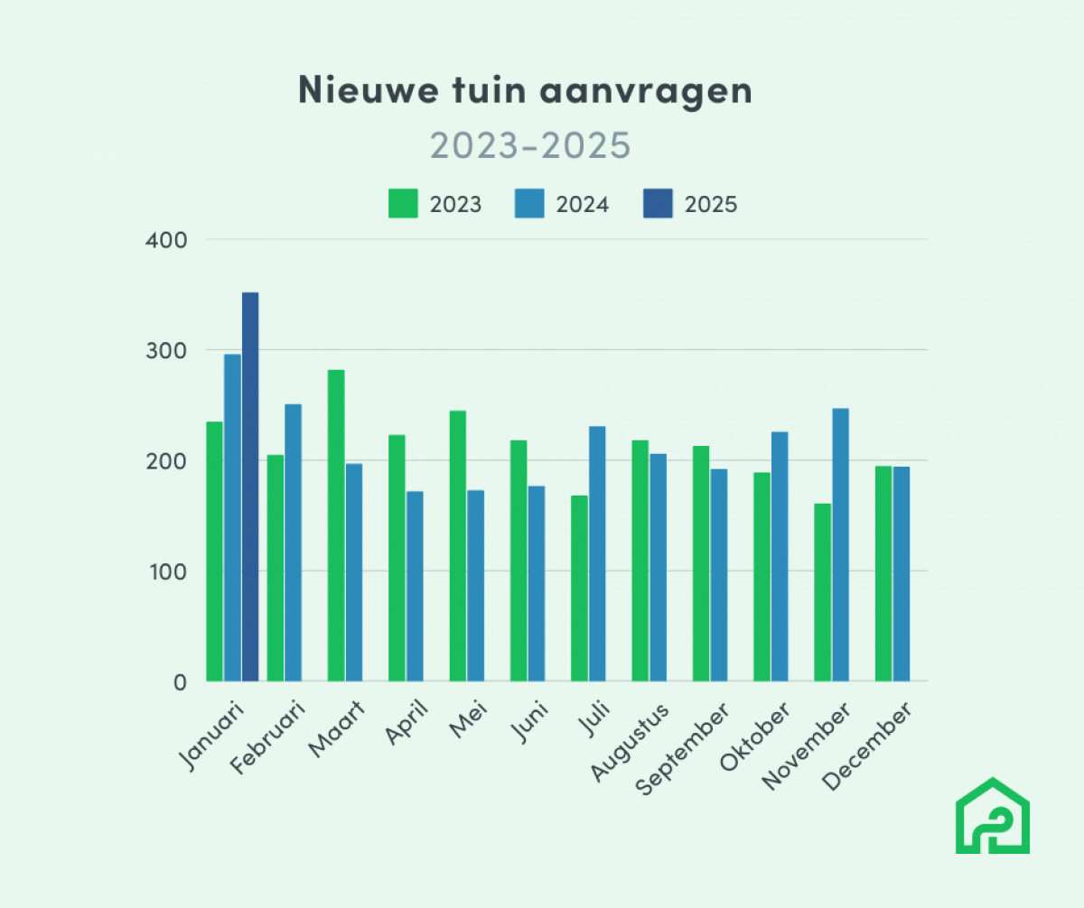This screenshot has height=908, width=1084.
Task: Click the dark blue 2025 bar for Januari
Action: tap(250, 487)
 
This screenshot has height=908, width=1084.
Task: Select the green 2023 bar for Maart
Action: tap(336, 525)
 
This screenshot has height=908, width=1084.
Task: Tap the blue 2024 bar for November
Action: tap(840, 545)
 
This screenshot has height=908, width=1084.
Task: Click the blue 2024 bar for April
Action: tap(415, 587)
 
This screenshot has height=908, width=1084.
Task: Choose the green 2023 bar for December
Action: tap(883, 574)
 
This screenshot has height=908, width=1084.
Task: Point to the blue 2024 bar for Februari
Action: tap(293, 542)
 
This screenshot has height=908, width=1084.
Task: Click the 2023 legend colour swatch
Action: tap(403, 204)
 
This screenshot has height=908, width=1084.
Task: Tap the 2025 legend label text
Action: tap(711, 205)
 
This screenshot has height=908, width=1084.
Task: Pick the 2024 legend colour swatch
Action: tap(529, 204)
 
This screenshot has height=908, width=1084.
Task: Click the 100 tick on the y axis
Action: tap(169, 572)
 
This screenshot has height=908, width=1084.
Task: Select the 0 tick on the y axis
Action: tap(179, 682)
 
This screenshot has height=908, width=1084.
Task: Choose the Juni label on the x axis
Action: tap(529, 727)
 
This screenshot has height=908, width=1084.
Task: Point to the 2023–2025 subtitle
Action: tap(529, 145)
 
